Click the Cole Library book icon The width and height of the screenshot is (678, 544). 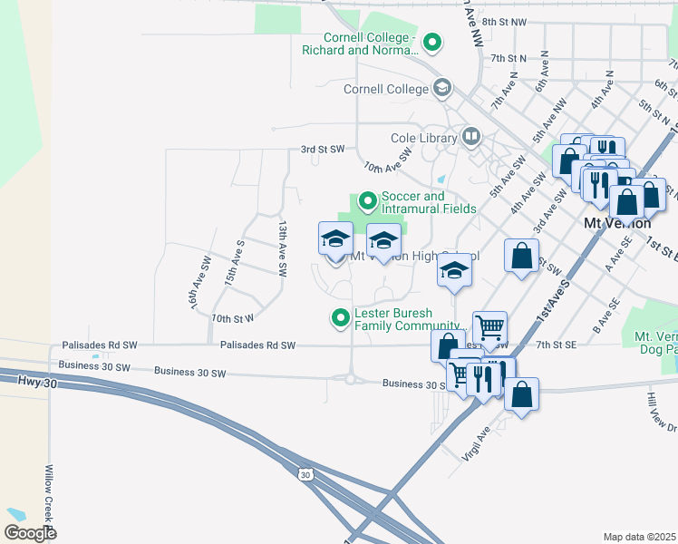[471, 137]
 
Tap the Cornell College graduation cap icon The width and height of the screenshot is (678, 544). [442, 89]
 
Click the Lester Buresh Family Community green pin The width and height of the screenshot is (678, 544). [341, 317]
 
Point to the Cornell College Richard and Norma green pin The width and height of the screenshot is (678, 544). [433, 41]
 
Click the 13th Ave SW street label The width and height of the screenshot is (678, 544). [283, 248]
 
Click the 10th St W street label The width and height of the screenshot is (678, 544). [232, 318]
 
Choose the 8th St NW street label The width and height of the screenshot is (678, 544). [504, 21]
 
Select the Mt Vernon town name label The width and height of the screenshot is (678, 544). [618, 223]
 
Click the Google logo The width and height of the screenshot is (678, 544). [30, 532]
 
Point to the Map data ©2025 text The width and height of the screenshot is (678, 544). [639, 537]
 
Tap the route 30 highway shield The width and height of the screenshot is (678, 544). [305, 474]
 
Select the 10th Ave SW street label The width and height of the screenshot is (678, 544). [387, 161]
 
